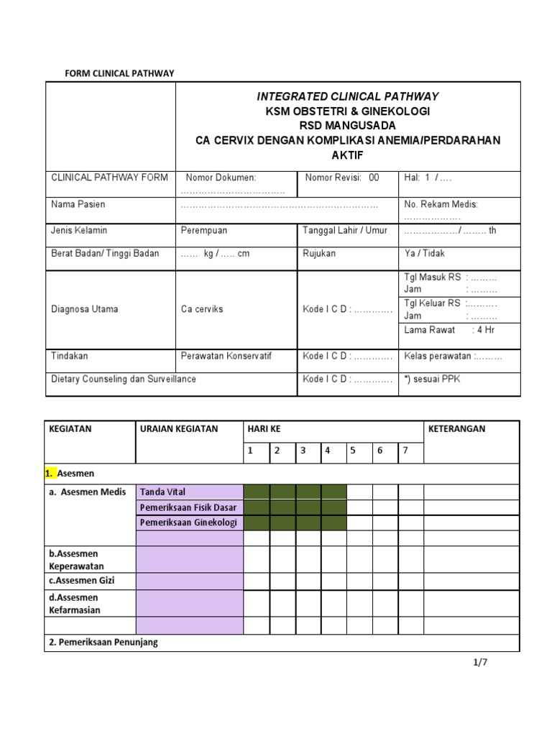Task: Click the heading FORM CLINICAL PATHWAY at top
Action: [x=119, y=73]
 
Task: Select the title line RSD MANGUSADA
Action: [x=349, y=126]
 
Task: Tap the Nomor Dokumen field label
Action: [x=221, y=178]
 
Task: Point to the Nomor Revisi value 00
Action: [x=373, y=178]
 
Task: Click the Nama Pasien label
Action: [x=78, y=205]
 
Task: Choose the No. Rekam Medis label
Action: [x=441, y=205]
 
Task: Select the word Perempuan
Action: [x=203, y=231]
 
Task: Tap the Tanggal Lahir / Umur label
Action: [x=345, y=231]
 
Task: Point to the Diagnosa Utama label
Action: [x=84, y=309]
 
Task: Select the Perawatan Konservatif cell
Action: [x=226, y=356]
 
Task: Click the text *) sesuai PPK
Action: [x=432, y=379]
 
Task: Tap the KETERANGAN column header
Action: [x=456, y=429]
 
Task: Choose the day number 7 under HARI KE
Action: [x=405, y=451]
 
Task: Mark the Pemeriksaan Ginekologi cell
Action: [x=190, y=523]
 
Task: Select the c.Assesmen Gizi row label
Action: [x=81, y=581]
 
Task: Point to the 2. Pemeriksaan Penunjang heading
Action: [x=103, y=643]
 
